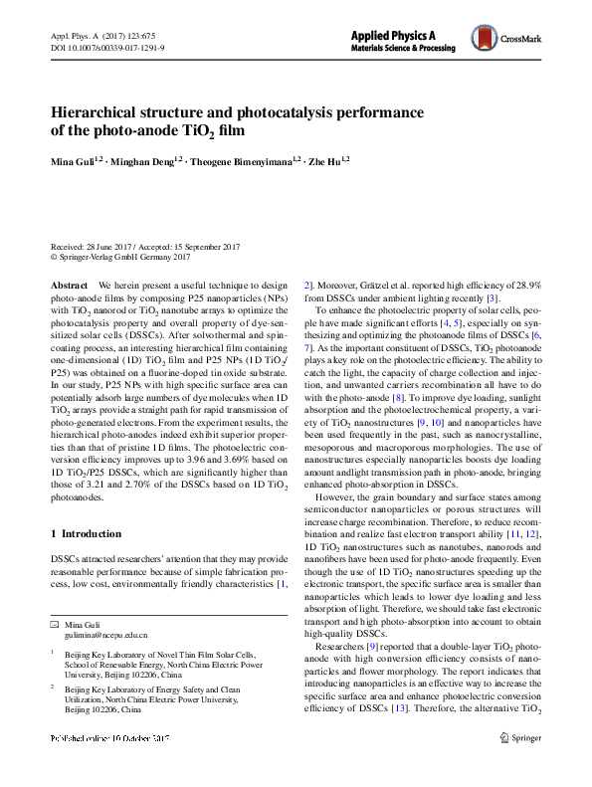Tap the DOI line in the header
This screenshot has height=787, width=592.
(107, 47)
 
